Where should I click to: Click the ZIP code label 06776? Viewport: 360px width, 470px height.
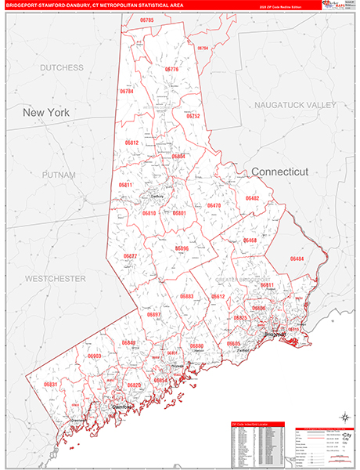tap(172, 69)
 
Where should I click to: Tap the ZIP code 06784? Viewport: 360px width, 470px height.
tap(127, 92)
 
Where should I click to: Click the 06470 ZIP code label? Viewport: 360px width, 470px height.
tap(214, 205)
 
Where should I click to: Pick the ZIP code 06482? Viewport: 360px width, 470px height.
tap(252, 199)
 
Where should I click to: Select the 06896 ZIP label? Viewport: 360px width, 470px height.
tap(182, 248)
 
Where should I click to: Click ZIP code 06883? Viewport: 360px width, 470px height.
tap(186, 296)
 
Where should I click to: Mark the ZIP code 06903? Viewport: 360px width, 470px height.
tap(95, 356)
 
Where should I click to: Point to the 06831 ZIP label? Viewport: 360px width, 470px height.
tap(50, 384)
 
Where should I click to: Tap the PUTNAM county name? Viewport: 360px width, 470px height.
tap(59, 175)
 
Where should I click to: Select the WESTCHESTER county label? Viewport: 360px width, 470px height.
tap(54, 278)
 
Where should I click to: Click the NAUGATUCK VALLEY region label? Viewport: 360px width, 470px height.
tap(294, 104)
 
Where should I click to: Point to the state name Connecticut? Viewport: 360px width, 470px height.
tap(280, 171)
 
